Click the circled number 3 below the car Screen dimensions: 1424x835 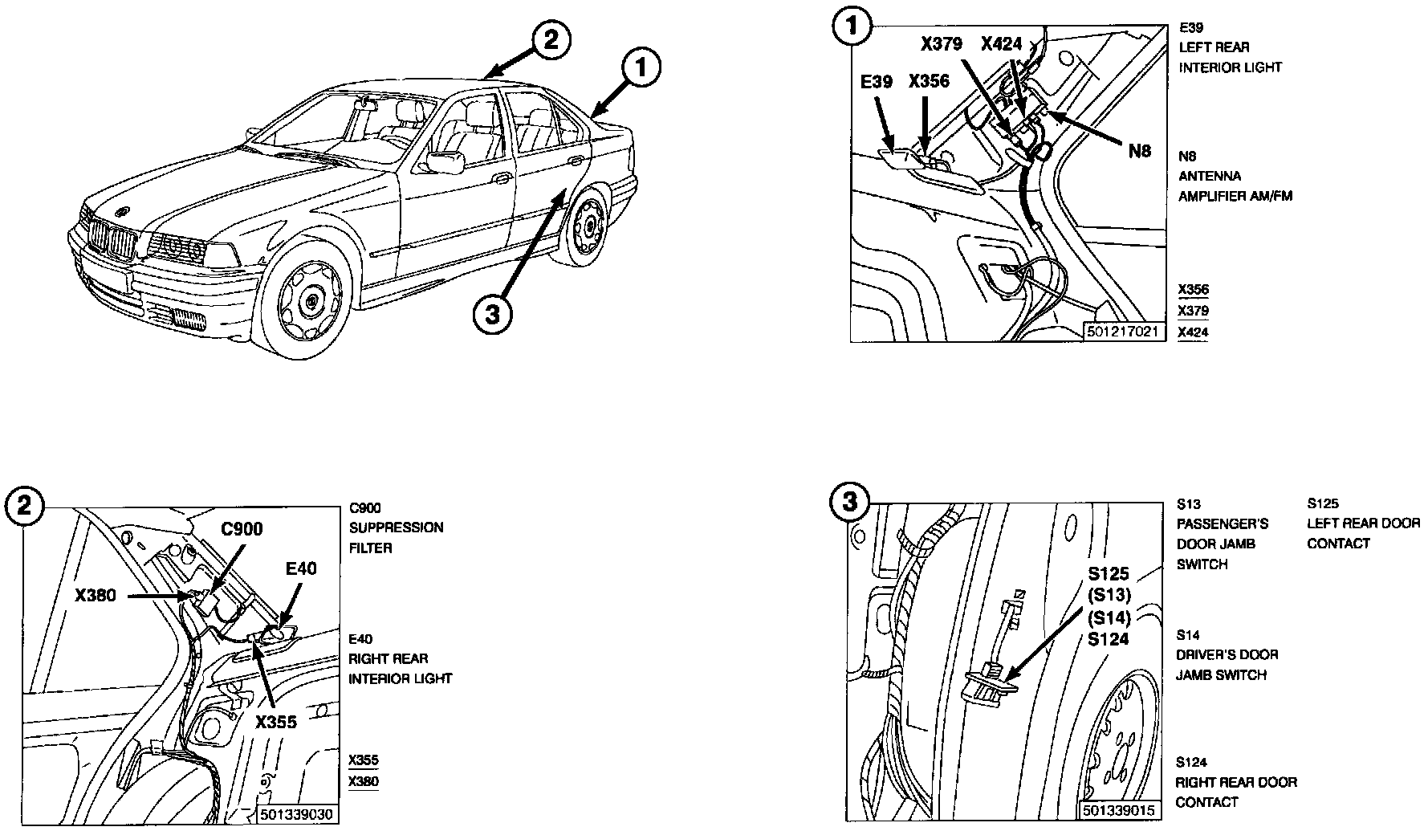tap(493, 314)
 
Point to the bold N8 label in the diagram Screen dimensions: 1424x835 tap(1139, 150)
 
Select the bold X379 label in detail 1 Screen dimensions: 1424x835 tap(941, 44)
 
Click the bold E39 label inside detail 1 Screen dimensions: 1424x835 tap(877, 81)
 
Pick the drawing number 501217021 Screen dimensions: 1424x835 tap(1124, 331)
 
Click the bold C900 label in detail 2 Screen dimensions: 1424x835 tap(242, 529)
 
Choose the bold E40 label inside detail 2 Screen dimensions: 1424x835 tap(301, 569)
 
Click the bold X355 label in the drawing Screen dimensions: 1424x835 tap(276, 722)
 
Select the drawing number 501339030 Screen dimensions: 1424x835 tap(298, 814)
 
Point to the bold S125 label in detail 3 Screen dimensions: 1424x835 tap(1109, 574)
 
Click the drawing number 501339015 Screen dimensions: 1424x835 tap(1121, 811)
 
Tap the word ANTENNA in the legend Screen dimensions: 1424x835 tap(1210, 176)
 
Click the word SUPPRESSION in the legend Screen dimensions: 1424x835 tap(396, 527)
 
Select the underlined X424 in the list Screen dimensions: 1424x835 tap(1193, 332)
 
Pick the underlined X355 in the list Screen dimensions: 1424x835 tap(364, 760)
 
